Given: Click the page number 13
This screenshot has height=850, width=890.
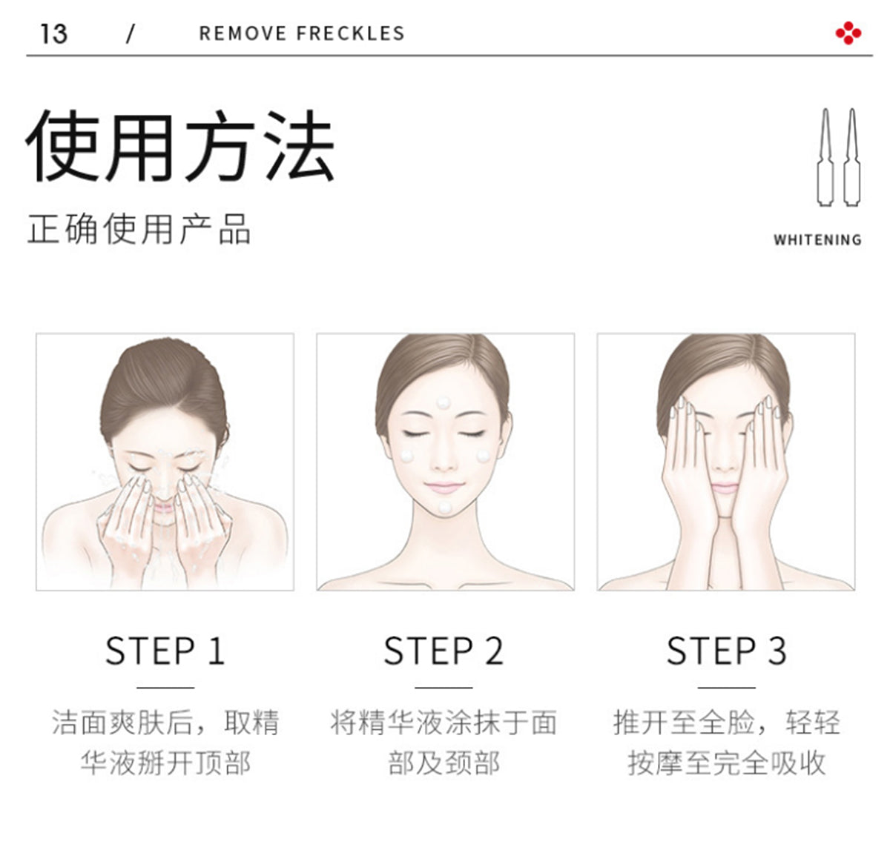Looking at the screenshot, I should (x=53, y=33).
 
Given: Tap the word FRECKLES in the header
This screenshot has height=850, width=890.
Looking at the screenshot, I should (x=350, y=33).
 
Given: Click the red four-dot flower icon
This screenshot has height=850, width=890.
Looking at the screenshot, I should (x=848, y=33).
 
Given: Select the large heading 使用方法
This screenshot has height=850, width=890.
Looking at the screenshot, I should (x=180, y=147).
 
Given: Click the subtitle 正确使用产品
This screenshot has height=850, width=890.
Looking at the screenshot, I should (x=139, y=229).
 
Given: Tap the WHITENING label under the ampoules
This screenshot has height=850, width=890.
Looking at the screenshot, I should (x=817, y=240).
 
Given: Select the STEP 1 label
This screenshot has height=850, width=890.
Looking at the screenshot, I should (x=165, y=651).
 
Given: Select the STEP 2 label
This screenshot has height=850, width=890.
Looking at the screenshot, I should (x=444, y=651).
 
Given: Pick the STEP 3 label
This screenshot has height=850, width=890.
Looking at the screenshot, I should (x=726, y=651).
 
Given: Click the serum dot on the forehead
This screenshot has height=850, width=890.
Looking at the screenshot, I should (x=444, y=402).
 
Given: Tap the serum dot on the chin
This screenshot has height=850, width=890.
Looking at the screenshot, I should (x=444, y=507).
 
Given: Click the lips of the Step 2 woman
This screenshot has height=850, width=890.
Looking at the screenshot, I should (x=444, y=487).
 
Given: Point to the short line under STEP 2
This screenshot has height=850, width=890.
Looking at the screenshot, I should (x=444, y=688).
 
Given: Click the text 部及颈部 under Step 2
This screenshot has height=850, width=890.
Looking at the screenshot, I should (x=444, y=763).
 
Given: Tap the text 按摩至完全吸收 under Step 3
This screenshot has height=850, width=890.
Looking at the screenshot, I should (x=726, y=763).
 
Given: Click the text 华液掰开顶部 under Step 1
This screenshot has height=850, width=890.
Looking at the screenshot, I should (x=165, y=763).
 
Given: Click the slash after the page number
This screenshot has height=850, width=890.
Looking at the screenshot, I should (x=131, y=33).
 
